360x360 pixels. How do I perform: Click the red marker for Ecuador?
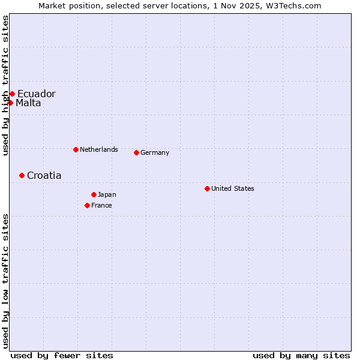12,94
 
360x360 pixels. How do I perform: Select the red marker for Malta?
10,103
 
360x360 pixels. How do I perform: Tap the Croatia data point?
22,175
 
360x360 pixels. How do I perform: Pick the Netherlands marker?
76,149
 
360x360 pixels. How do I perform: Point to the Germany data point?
136,152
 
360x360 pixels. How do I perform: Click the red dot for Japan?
94,194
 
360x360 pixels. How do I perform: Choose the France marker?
87,205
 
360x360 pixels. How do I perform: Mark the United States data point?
207,188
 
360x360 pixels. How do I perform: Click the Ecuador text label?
36,94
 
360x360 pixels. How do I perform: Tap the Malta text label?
28,103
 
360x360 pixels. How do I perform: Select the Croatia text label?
44,175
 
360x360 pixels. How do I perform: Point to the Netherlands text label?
98,149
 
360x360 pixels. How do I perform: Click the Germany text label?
155,152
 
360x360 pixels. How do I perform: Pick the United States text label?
232,188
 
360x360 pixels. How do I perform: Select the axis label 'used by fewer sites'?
62,355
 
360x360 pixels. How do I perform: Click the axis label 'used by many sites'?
301,355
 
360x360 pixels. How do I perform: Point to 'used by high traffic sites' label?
5,86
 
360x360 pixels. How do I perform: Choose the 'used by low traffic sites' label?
5,281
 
